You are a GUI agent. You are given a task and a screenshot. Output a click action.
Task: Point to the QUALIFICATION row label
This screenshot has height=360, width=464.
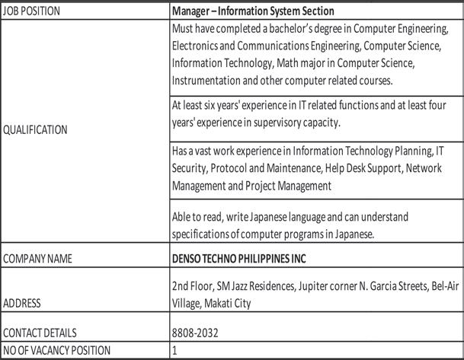pyautogui.click(x=35, y=130)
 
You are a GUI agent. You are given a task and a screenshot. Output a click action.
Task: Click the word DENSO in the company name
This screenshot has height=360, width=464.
pyautogui.click(x=190, y=259)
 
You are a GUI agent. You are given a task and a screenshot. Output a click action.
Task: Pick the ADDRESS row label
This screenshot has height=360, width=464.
pyautogui.click(x=23, y=303)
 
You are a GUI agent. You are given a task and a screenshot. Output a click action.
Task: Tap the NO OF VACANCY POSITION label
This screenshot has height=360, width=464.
pyautogui.click(x=57, y=350)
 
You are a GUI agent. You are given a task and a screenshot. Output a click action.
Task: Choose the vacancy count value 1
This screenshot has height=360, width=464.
pyautogui.click(x=175, y=350)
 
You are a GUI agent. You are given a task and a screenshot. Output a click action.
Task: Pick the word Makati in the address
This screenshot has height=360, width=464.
pyautogui.click(x=224, y=302)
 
